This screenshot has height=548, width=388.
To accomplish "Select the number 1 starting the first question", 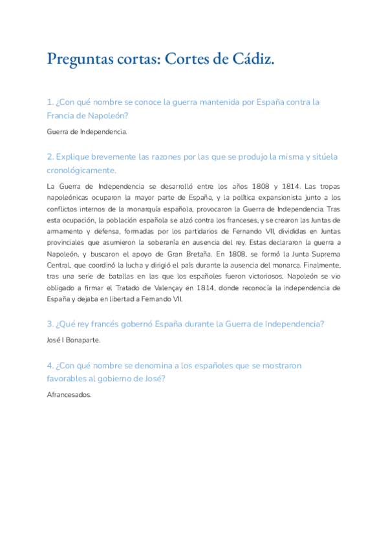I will click(50, 102).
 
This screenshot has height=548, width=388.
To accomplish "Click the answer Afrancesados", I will click(69, 395).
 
